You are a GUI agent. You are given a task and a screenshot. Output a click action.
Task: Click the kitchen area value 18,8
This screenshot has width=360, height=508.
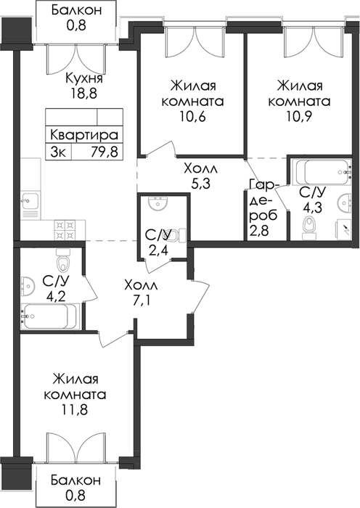84,94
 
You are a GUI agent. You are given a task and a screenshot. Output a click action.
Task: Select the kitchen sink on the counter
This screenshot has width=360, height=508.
30,202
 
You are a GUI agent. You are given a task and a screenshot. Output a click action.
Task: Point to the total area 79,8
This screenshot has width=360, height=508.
105,151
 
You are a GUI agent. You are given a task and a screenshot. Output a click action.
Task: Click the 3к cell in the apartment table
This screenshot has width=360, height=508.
58,151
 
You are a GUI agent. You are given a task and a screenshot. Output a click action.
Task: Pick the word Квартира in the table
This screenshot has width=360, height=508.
84,134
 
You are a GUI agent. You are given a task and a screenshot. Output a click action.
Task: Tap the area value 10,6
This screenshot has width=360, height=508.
193,116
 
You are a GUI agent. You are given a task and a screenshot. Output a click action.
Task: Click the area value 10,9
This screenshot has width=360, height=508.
299,116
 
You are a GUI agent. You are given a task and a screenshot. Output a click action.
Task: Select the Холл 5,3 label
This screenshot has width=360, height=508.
201,176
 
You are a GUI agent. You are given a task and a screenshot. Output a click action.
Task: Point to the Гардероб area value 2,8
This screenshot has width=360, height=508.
259,232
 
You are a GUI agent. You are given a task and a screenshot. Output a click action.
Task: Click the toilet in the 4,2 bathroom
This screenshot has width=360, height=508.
62,260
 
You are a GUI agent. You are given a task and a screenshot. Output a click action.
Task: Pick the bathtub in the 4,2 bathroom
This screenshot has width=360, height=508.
50,316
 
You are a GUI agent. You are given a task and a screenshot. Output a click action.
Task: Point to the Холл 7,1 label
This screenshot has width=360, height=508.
142,293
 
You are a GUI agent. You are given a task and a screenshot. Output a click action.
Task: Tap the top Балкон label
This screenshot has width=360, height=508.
77,9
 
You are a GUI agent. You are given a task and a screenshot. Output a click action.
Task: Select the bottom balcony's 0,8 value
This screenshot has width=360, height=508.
76,496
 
